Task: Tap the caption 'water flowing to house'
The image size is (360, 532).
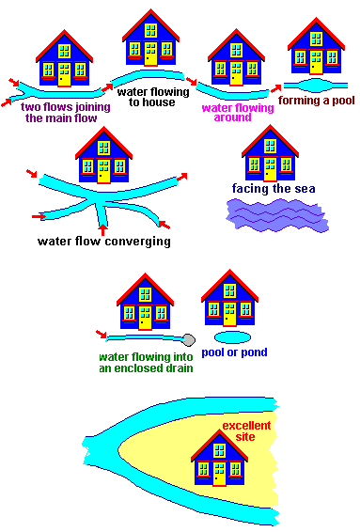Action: click(150, 98)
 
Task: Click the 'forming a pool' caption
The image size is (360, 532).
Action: click(317, 102)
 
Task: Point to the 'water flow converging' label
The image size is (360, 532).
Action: click(103, 241)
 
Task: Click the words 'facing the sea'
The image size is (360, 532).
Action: click(274, 188)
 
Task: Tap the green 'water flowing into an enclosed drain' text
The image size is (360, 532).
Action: click(146, 363)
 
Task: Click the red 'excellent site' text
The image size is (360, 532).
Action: click(247, 431)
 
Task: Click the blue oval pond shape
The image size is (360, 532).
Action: click(232, 336)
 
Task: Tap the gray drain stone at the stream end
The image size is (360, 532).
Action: click(188, 338)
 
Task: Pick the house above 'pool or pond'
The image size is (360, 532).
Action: click(229, 298)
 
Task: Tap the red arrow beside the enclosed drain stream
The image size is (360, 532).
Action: click(102, 333)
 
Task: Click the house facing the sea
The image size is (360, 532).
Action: click(271, 153)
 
